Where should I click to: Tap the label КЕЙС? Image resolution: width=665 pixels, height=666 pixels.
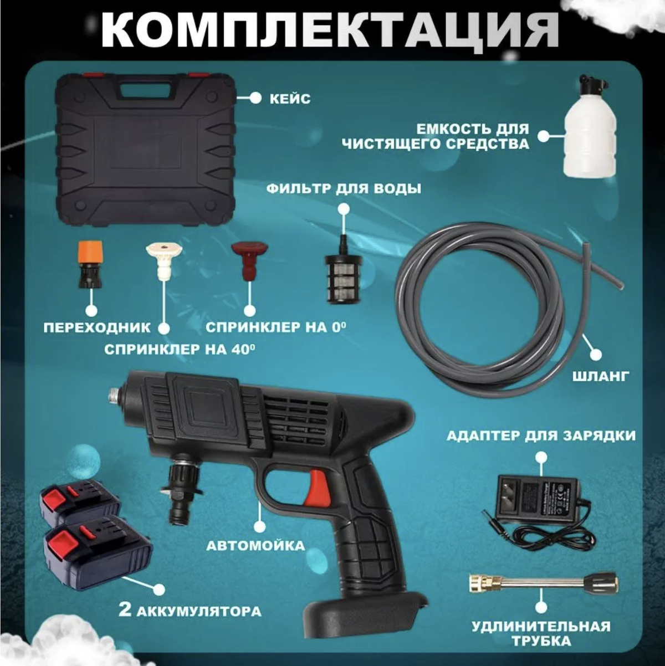[290, 99]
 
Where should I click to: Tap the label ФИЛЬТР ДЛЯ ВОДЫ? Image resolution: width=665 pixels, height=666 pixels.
[343, 189]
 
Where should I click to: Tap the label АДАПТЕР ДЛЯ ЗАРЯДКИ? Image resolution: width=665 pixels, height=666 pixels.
[541, 436]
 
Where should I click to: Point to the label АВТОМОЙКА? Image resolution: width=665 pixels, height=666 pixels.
[255, 546]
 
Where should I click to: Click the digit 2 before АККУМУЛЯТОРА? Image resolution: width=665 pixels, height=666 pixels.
[125, 611]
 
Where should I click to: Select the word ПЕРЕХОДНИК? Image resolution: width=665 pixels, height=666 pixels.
[97, 327]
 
